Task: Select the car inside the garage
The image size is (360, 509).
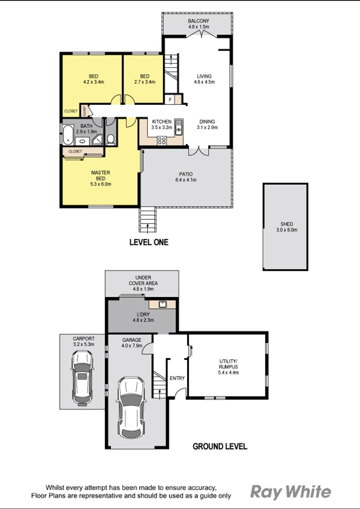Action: pyautogui.click(x=131, y=407)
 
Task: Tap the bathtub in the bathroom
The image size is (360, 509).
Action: pyautogui.click(x=68, y=135)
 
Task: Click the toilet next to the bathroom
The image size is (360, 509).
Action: pyautogui.click(x=111, y=139)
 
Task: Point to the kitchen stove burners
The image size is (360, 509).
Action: pyautogui.click(x=162, y=140)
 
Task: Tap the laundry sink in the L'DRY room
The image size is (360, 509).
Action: pyautogui.click(x=163, y=304)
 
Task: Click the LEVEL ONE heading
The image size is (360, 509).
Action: pyautogui.click(x=149, y=242)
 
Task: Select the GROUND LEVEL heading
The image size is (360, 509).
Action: pyautogui.click(x=220, y=446)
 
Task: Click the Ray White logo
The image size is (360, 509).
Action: pyautogui.click(x=291, y=492)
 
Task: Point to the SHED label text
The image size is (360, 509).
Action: pyautogui.click(x=287, y=224)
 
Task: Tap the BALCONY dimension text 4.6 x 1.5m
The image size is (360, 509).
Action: pyautogui.click(x=198, y=27)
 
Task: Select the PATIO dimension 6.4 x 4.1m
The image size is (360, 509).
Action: pyautogui.click(x=186, y=180)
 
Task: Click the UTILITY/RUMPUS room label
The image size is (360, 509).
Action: pyautogui.click(x=228, y=364)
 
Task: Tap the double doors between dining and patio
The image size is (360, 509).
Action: pyautogui.click(x=198, y=151)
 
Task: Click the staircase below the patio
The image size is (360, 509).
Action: pyautogui.click(x=148, y=219)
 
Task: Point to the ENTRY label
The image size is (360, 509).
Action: pyautogui.click(x=177, y=378)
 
